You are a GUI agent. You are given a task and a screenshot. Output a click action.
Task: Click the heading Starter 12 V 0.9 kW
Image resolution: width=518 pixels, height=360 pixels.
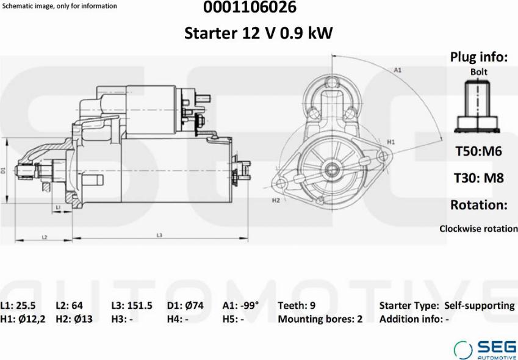point(259,33)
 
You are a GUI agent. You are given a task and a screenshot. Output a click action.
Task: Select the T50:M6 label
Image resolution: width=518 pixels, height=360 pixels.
point(479,151)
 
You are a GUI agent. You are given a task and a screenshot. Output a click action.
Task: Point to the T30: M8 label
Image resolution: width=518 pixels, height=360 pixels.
point(479,178)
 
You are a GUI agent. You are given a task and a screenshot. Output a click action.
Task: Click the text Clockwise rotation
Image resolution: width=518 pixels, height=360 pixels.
point(478,229)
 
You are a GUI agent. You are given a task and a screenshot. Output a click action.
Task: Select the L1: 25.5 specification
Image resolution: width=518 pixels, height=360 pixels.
point(18,306)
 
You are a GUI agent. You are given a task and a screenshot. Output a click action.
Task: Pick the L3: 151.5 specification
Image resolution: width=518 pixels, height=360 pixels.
point(131,306)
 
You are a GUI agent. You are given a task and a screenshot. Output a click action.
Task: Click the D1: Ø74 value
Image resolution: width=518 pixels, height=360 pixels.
point(186,306)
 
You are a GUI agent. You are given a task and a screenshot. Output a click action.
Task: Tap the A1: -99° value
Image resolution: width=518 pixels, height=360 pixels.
point(240,306)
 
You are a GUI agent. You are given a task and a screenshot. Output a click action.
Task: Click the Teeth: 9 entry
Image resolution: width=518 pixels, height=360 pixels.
point(297,306)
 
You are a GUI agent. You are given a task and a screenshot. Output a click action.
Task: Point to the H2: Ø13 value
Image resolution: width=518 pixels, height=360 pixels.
point(74,319)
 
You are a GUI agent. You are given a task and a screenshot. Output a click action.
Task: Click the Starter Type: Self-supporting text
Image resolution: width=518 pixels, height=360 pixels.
point(447,306)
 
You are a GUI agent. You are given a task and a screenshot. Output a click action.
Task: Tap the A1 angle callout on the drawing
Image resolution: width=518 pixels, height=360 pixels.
point(397,70)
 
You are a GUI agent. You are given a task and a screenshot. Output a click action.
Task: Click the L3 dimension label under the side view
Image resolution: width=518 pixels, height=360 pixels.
point(159,235)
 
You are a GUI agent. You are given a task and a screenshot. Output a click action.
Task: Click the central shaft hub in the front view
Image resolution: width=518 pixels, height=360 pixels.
point(332,168)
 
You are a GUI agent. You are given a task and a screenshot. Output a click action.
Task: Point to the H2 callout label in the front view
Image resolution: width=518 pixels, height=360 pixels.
point(276,200)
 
